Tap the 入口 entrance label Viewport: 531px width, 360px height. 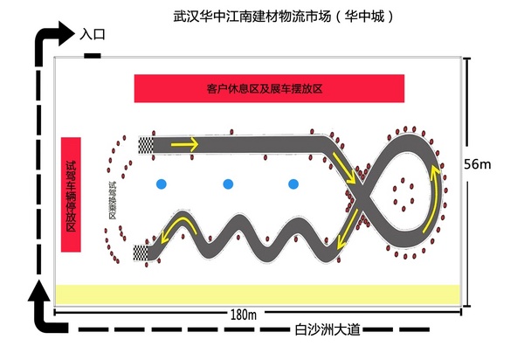(x=92, y=35)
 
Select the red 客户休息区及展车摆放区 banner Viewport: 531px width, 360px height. (x=269, y=88)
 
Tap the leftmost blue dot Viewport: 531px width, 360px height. (x=162, y=183)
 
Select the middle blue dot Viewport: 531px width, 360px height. (x=228, y=183)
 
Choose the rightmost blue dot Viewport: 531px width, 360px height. (x=293, y=183)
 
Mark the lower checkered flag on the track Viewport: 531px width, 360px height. (x=140, y=253)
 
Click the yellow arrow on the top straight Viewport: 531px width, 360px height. (x=184, y=143)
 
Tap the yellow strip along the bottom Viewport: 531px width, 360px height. (x=257, y=294)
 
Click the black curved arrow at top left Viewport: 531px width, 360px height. (x=52, y=41)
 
